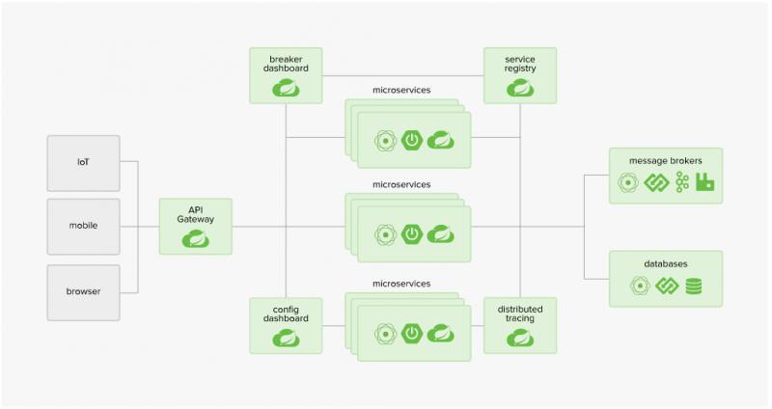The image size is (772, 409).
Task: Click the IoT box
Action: (x=83, y=162)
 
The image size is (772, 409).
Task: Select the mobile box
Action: (x=83, y=227)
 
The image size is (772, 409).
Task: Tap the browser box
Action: (x=83, y=291)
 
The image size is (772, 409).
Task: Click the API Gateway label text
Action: (x=196, y=213)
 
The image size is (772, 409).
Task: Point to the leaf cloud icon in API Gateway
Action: (x=196, y=238)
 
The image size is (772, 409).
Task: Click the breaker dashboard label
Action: (x=286, y=65)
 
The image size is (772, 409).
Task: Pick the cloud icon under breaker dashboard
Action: (x=286, y=90)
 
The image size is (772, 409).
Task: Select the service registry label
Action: (x=520, y=65)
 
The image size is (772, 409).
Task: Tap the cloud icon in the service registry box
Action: (x=520, y=90)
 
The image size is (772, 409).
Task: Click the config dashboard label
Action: (x=286, y=314)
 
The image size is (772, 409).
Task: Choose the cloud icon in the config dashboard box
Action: (x=286, y=338)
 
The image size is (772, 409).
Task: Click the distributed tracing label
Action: (x=520, y=314)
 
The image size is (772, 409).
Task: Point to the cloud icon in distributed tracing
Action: (x=520, y=338)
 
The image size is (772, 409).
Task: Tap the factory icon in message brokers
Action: (x=705, y=181)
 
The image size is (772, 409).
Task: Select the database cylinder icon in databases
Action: (x=694, y=286)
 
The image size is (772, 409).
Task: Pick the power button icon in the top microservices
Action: (x=413, y=139)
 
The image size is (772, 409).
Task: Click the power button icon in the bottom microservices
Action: (x=413, y=334)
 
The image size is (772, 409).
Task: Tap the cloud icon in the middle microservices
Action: (x=440, y=233)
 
